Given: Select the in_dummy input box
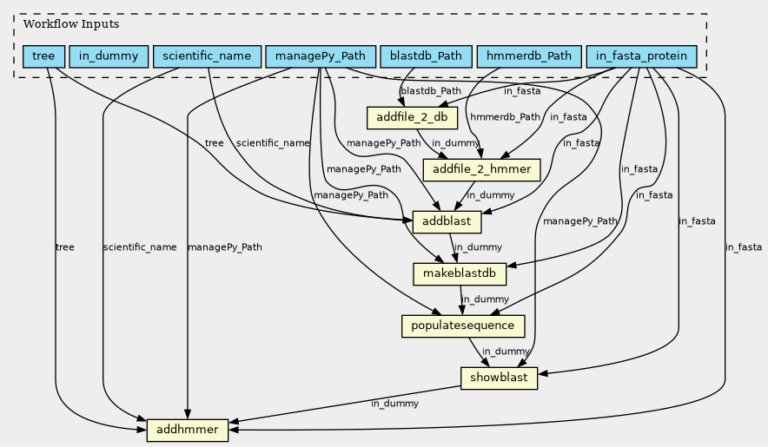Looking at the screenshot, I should coord(109,56).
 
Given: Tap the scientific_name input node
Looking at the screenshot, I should coord(207,56).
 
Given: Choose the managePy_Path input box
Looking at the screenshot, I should coord(321,56).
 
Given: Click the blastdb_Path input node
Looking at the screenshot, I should coord(426,56).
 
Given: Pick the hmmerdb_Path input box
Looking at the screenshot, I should coord(528,56).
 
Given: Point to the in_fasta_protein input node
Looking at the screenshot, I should coord(642,56).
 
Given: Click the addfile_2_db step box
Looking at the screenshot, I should coord(407,117).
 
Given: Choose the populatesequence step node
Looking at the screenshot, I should coord(464,326).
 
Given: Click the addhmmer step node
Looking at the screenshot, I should coord(188,430).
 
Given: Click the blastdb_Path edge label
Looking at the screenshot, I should coord(431,90).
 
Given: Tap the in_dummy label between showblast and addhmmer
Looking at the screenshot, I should coord(394,404).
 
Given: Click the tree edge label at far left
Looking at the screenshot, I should coord(64,247).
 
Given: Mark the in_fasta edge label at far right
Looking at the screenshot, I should coord(743,247).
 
